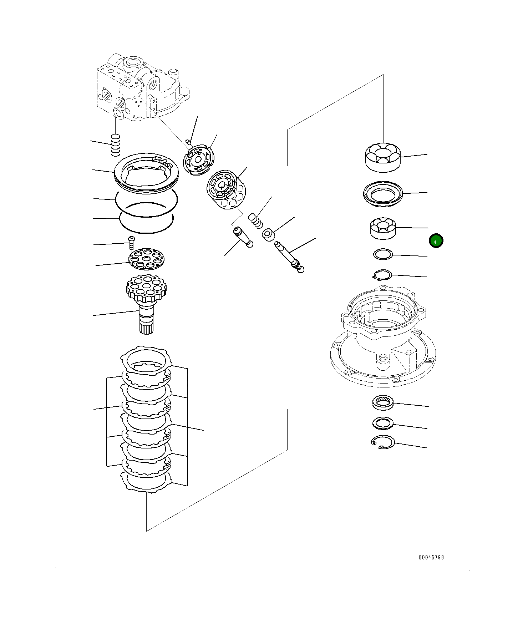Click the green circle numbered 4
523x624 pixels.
pos(436,241)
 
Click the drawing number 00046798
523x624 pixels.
pos(431,557)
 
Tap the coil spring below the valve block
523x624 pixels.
pos(115,145)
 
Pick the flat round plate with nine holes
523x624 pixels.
pos(147,258)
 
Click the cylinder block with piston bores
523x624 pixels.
pos(227,190)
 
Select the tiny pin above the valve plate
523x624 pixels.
pos(189,142)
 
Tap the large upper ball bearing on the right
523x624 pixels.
pos(383,157)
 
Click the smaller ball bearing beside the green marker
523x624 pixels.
pos(383,228)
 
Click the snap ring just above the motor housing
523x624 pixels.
pos(382,275)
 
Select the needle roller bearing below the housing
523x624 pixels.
pos(382,402)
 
